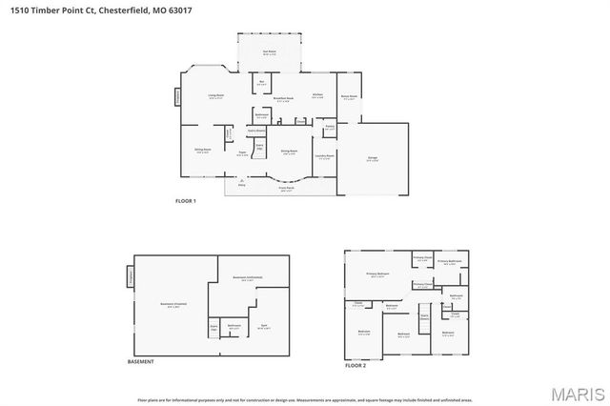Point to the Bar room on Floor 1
262,84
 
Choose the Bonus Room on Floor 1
349,96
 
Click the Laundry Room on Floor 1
324,156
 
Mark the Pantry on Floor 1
329,126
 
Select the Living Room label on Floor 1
216,96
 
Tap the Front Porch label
285,188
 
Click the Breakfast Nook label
283,98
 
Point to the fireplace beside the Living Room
177,96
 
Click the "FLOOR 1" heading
185,202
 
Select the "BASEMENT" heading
140,361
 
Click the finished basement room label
173,304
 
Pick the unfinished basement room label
247,278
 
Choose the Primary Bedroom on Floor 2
378,274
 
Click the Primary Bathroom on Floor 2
449,262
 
